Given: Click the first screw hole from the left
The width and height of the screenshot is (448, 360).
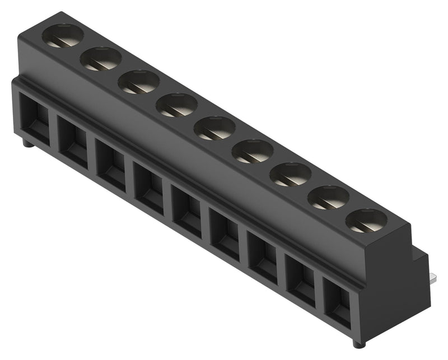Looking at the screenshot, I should [63, 36].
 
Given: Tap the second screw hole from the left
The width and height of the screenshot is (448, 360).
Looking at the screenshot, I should [101, 59].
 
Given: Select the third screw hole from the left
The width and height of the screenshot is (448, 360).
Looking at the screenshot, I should [139, 82].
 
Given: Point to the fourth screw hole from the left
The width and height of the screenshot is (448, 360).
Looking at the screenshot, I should [176, 105].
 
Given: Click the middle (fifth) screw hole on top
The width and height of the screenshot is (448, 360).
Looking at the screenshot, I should [214, 128].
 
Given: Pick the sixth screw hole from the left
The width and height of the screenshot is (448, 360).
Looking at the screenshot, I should [253, 151].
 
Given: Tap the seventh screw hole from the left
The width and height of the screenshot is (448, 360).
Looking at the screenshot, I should [290, 174].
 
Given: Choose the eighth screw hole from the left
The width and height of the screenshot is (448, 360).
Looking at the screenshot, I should [328, 197].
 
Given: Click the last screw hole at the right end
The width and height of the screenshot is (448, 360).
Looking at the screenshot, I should [366, 221].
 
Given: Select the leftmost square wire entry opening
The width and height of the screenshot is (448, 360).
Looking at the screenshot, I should [35, 118].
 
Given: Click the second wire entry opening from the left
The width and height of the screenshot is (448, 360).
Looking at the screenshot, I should [73, 141].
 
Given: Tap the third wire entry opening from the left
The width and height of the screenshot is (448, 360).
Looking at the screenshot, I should [111, 163].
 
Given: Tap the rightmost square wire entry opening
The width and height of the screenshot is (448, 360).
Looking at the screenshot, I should [338, 302].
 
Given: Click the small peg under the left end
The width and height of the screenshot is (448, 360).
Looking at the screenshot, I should [27, 144].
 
